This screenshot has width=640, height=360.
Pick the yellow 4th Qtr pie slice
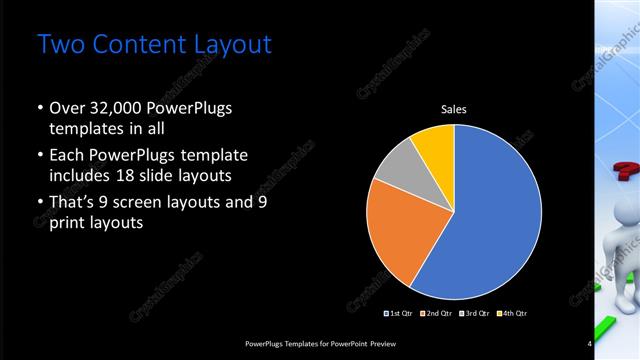[436, 145]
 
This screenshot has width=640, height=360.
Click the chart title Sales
[455, 109]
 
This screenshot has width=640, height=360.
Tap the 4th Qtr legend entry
[513, 313]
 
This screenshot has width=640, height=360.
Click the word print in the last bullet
[68, 223]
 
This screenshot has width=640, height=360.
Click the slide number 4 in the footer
[590, 344]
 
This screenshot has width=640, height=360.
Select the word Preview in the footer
[392, 344]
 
